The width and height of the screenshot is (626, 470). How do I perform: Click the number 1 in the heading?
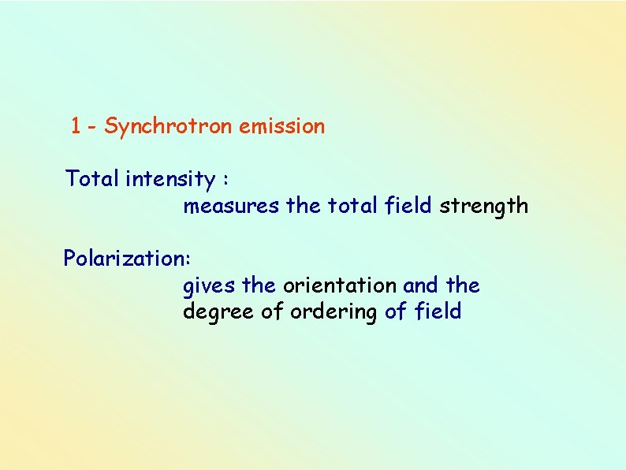pos(76,126)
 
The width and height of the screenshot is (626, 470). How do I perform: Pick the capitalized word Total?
pos(91,180)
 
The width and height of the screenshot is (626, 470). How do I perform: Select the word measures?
pos(231,207)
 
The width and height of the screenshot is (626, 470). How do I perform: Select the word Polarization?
pos(125,259)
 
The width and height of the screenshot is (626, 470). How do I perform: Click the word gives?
pos(209,285)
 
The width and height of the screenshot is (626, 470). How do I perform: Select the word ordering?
pos(334,312)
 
